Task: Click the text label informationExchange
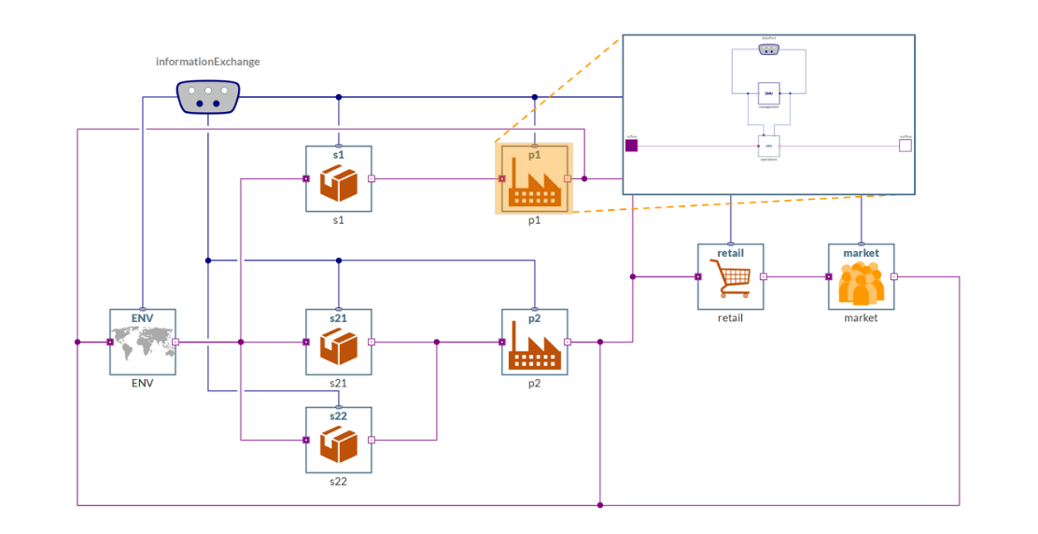(x=207, y=62)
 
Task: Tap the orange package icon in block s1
(x=339, y=183)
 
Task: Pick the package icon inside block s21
(x=339, y=346)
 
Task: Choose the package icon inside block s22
(x=339, y=444)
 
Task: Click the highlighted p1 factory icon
(x=534, y=184)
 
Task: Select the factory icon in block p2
(x=534, y=346)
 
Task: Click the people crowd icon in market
(x=861, y=282)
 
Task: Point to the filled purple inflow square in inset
(x=632, y=145)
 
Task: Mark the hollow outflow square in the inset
(x=905, y=145)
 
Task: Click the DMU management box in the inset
(x=768, y=93)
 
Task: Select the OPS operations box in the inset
(x=769, y=146)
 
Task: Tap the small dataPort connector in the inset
(x=768, y=49)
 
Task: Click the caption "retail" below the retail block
(x=730, y=317)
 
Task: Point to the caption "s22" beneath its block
(x=338, y=481)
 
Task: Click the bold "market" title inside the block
(x=861, y=253)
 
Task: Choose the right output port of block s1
(x=372, y=178)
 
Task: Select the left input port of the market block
(x=829, y=276)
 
